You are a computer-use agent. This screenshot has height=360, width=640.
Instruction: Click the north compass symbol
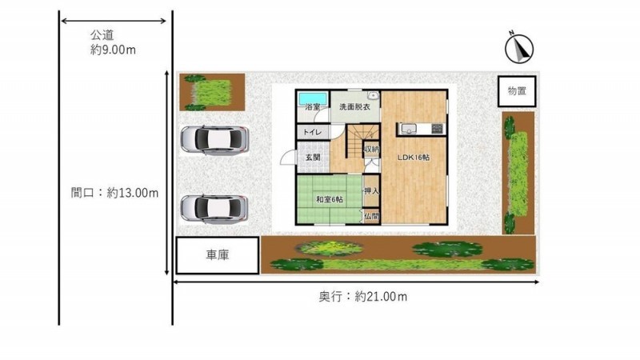pos(518,48)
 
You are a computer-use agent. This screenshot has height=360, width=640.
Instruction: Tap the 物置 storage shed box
pos(517,91)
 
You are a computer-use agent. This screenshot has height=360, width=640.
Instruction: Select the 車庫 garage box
pos(218,255)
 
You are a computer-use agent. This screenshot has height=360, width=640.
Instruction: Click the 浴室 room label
pos(313,107)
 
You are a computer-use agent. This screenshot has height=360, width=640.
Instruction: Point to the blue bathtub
pos(313,98)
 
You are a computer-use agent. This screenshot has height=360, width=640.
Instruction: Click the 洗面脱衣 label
pos(354,107)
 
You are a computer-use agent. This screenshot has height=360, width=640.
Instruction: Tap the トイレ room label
pos(312,132)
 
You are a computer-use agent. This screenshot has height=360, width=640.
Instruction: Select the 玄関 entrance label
pos(313,157)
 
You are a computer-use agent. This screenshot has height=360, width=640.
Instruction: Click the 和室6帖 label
pos(330,199)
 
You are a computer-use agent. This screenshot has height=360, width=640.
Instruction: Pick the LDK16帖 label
pos(414,157)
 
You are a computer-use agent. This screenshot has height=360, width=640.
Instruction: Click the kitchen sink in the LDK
pos(408,130)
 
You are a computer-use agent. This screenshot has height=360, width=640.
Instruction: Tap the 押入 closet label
pos(371,190)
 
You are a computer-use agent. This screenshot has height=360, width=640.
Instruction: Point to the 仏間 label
pos(371,216)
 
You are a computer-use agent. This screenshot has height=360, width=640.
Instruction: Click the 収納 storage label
pos(371,150)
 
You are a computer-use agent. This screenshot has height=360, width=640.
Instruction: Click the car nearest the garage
pos(214,209)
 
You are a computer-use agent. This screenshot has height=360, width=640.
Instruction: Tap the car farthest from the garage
pos(214,140)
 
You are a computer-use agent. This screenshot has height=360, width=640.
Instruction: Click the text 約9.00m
pos(113,50)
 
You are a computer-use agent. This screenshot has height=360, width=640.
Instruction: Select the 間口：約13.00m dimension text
pos(114,193)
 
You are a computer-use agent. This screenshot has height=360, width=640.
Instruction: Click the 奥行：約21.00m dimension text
pos(363,296)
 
